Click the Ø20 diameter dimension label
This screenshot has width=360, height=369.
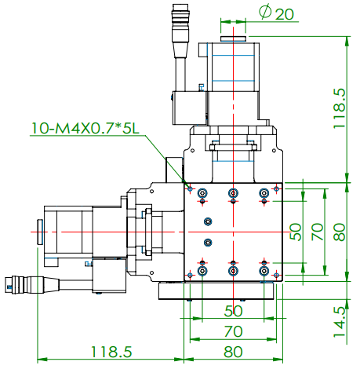click(x=271, y=13)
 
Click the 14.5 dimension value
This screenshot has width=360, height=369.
click(x=339, y=316)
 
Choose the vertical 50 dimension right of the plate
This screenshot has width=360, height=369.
click(x=296, y=232)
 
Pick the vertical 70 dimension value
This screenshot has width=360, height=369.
click(x=317, y=232)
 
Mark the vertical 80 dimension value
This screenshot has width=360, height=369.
click(x=339, y=232)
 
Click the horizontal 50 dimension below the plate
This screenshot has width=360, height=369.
click(x=233, y=310)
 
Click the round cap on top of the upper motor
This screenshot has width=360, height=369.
click(x=233, y=38)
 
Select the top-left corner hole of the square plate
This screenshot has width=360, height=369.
click(x=190, y=188)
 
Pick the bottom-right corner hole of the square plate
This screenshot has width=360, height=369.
click(x=276, y=274)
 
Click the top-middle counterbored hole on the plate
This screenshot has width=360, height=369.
click(x=233, y=193)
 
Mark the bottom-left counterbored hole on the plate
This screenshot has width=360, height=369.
click(x=203, y=271)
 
